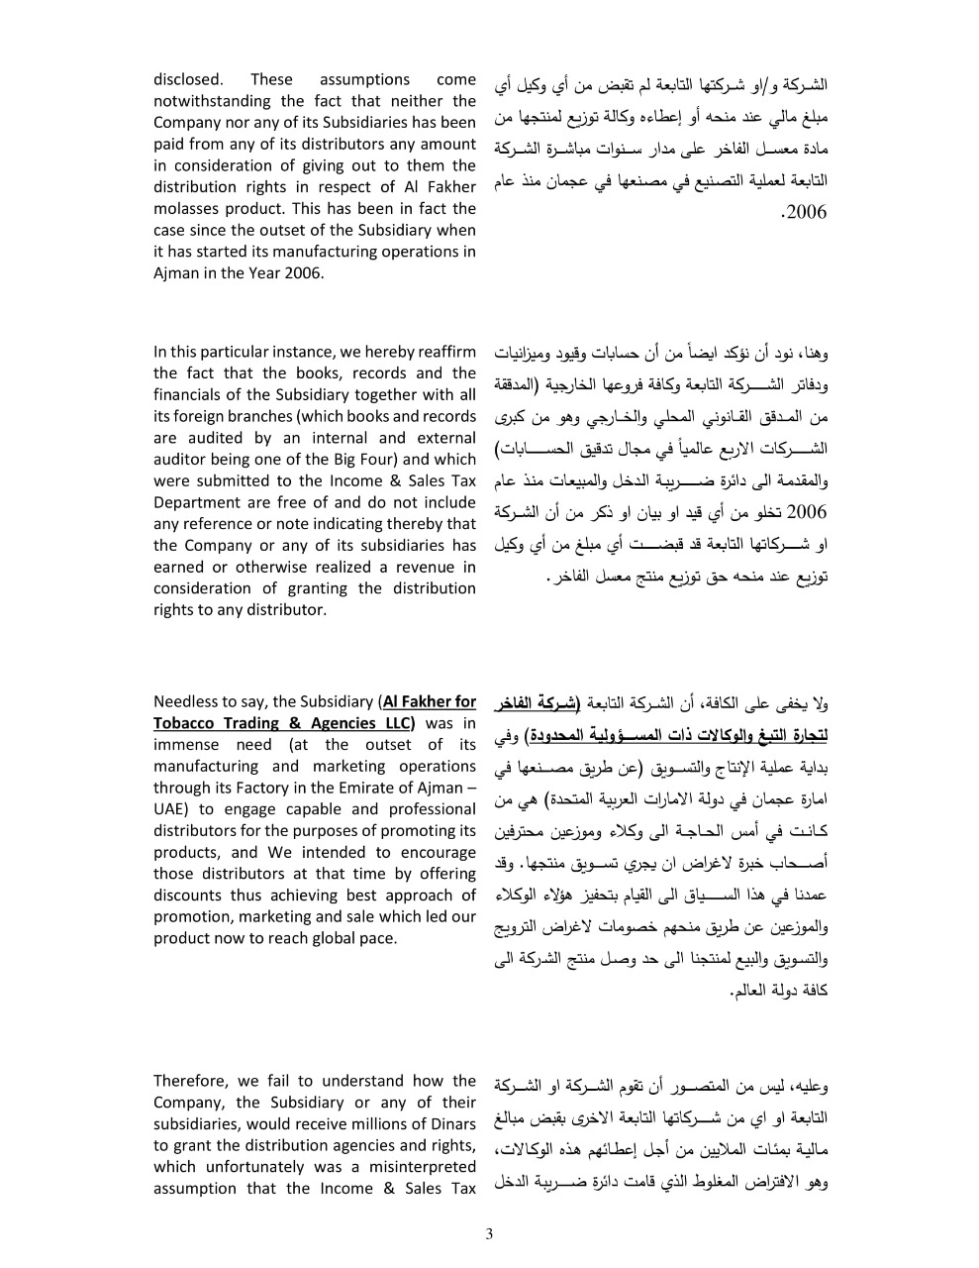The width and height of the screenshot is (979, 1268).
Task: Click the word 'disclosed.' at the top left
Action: tap(188, 79)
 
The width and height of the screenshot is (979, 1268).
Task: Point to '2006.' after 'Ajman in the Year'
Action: tap(303, 272)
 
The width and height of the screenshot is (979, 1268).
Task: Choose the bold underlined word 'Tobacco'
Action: tap(185, 723)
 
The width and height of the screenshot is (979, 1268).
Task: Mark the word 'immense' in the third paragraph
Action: tap(185, 745)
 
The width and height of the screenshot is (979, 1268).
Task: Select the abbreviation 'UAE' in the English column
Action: tap(169, 809)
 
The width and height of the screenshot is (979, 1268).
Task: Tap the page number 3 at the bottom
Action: tap(489, 1233)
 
